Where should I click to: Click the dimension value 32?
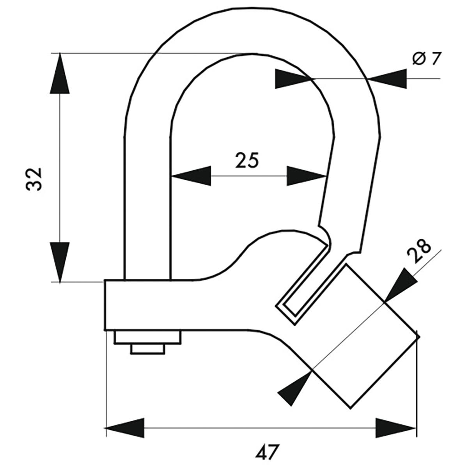[x=34, y=179]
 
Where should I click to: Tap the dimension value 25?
[x=247, y=160]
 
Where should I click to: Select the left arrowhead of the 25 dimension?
[x=191, y=176]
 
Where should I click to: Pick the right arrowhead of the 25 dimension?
[x=307, y=176]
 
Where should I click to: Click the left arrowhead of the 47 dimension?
[x=125, y=428]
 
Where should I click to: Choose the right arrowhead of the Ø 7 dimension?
[x=388, y=79]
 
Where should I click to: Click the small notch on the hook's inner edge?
[x=325, y=230]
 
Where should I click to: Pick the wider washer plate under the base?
[x=147, y=338]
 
